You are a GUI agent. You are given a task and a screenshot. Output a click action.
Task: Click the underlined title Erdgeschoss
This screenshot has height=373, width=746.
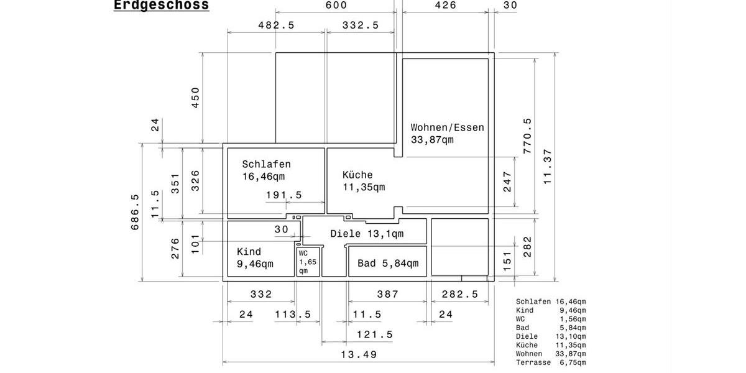[161, 6]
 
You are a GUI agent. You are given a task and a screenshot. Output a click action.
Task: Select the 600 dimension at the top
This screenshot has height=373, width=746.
[336, 6]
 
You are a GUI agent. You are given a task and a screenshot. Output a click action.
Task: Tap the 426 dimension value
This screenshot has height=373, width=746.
[445, 6]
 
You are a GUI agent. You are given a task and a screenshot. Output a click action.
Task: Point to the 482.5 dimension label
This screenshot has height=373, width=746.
[276, 25]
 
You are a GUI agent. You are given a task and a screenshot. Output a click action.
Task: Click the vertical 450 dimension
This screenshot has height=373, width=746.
[196, 98]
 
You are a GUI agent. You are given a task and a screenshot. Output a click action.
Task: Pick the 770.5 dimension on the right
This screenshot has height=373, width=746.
[528, 136]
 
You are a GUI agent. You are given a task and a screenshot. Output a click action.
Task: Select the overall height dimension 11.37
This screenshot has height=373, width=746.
[548, 166]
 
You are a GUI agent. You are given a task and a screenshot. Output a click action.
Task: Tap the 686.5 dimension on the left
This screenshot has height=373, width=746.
[135, 212]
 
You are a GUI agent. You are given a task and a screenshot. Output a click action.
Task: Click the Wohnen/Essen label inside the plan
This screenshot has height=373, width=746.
[447, 127]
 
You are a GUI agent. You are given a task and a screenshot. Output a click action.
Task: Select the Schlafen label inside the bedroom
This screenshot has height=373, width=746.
[266, 165]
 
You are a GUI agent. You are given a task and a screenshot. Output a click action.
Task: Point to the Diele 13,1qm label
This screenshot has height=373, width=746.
[367, 234]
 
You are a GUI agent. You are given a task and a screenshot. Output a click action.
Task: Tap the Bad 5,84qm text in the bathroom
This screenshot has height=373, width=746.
[388, 264]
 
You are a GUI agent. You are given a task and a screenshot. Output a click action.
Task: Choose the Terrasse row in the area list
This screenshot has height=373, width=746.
[550, 362]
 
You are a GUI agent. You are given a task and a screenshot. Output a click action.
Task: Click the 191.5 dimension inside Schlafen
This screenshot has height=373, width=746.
[283, 195]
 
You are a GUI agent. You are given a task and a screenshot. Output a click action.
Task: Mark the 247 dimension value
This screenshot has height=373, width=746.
[508, 181]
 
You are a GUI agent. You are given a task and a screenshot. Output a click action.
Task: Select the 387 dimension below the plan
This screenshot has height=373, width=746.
[388, 294]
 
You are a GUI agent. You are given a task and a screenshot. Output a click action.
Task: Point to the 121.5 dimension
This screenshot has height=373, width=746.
[374, 334]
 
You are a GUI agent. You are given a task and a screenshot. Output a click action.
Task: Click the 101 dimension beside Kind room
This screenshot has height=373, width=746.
[195, 243]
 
